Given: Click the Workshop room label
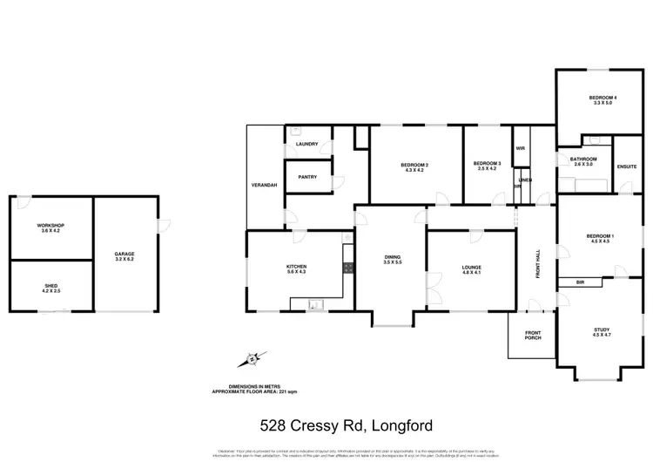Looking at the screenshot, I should (51, 228).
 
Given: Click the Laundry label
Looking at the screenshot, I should (306, 145).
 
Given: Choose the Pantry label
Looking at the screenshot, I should (306, 177).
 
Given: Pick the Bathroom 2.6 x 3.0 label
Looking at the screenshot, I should (583, 161).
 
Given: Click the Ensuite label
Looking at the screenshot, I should (626, 166).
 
